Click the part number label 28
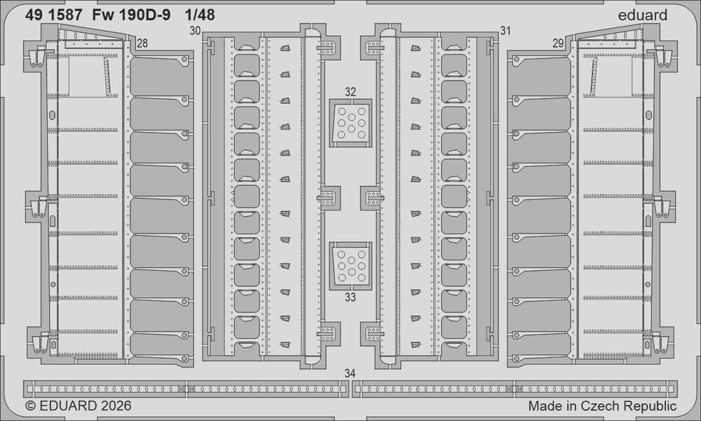point(142,44)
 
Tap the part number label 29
point(558,44)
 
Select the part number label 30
point(195,31)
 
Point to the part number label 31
point(505,31)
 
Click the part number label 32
point(350,92)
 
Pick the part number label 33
point(350,297)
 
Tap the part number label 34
point(350,373)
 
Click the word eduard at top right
point(642,15)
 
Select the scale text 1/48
point(200,15)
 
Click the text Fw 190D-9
point(132,15)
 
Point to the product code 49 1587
point(54,15)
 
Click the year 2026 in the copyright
point(116,406)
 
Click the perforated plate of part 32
point(351,123)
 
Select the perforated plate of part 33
point(351,266)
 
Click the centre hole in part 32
point(351,117)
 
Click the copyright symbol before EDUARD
point(30,406)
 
